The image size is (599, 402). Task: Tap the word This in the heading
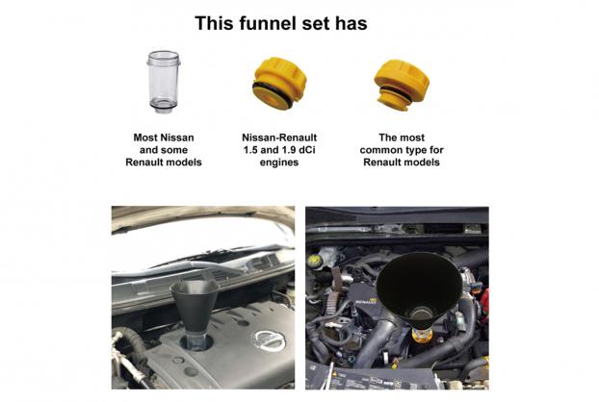click(215, 23)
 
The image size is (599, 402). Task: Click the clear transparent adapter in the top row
click(164, 82)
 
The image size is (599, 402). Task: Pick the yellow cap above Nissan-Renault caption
click(279, 84)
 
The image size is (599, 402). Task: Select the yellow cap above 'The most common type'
click(402, 85)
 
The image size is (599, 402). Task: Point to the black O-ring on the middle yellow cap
click(273, 94)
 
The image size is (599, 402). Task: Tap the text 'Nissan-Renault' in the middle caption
click(279, 138)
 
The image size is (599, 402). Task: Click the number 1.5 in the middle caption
click(250, 150)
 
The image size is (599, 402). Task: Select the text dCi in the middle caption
click(307, 150)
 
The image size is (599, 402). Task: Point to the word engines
click(279, 163)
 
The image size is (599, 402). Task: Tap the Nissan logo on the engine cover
click(269, 340)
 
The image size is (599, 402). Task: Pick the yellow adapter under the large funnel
click(422, 335)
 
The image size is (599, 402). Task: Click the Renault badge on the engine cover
click(366, 302)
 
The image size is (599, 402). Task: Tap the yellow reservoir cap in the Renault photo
click(314, 261)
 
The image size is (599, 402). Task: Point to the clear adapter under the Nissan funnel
click(197, 341)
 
